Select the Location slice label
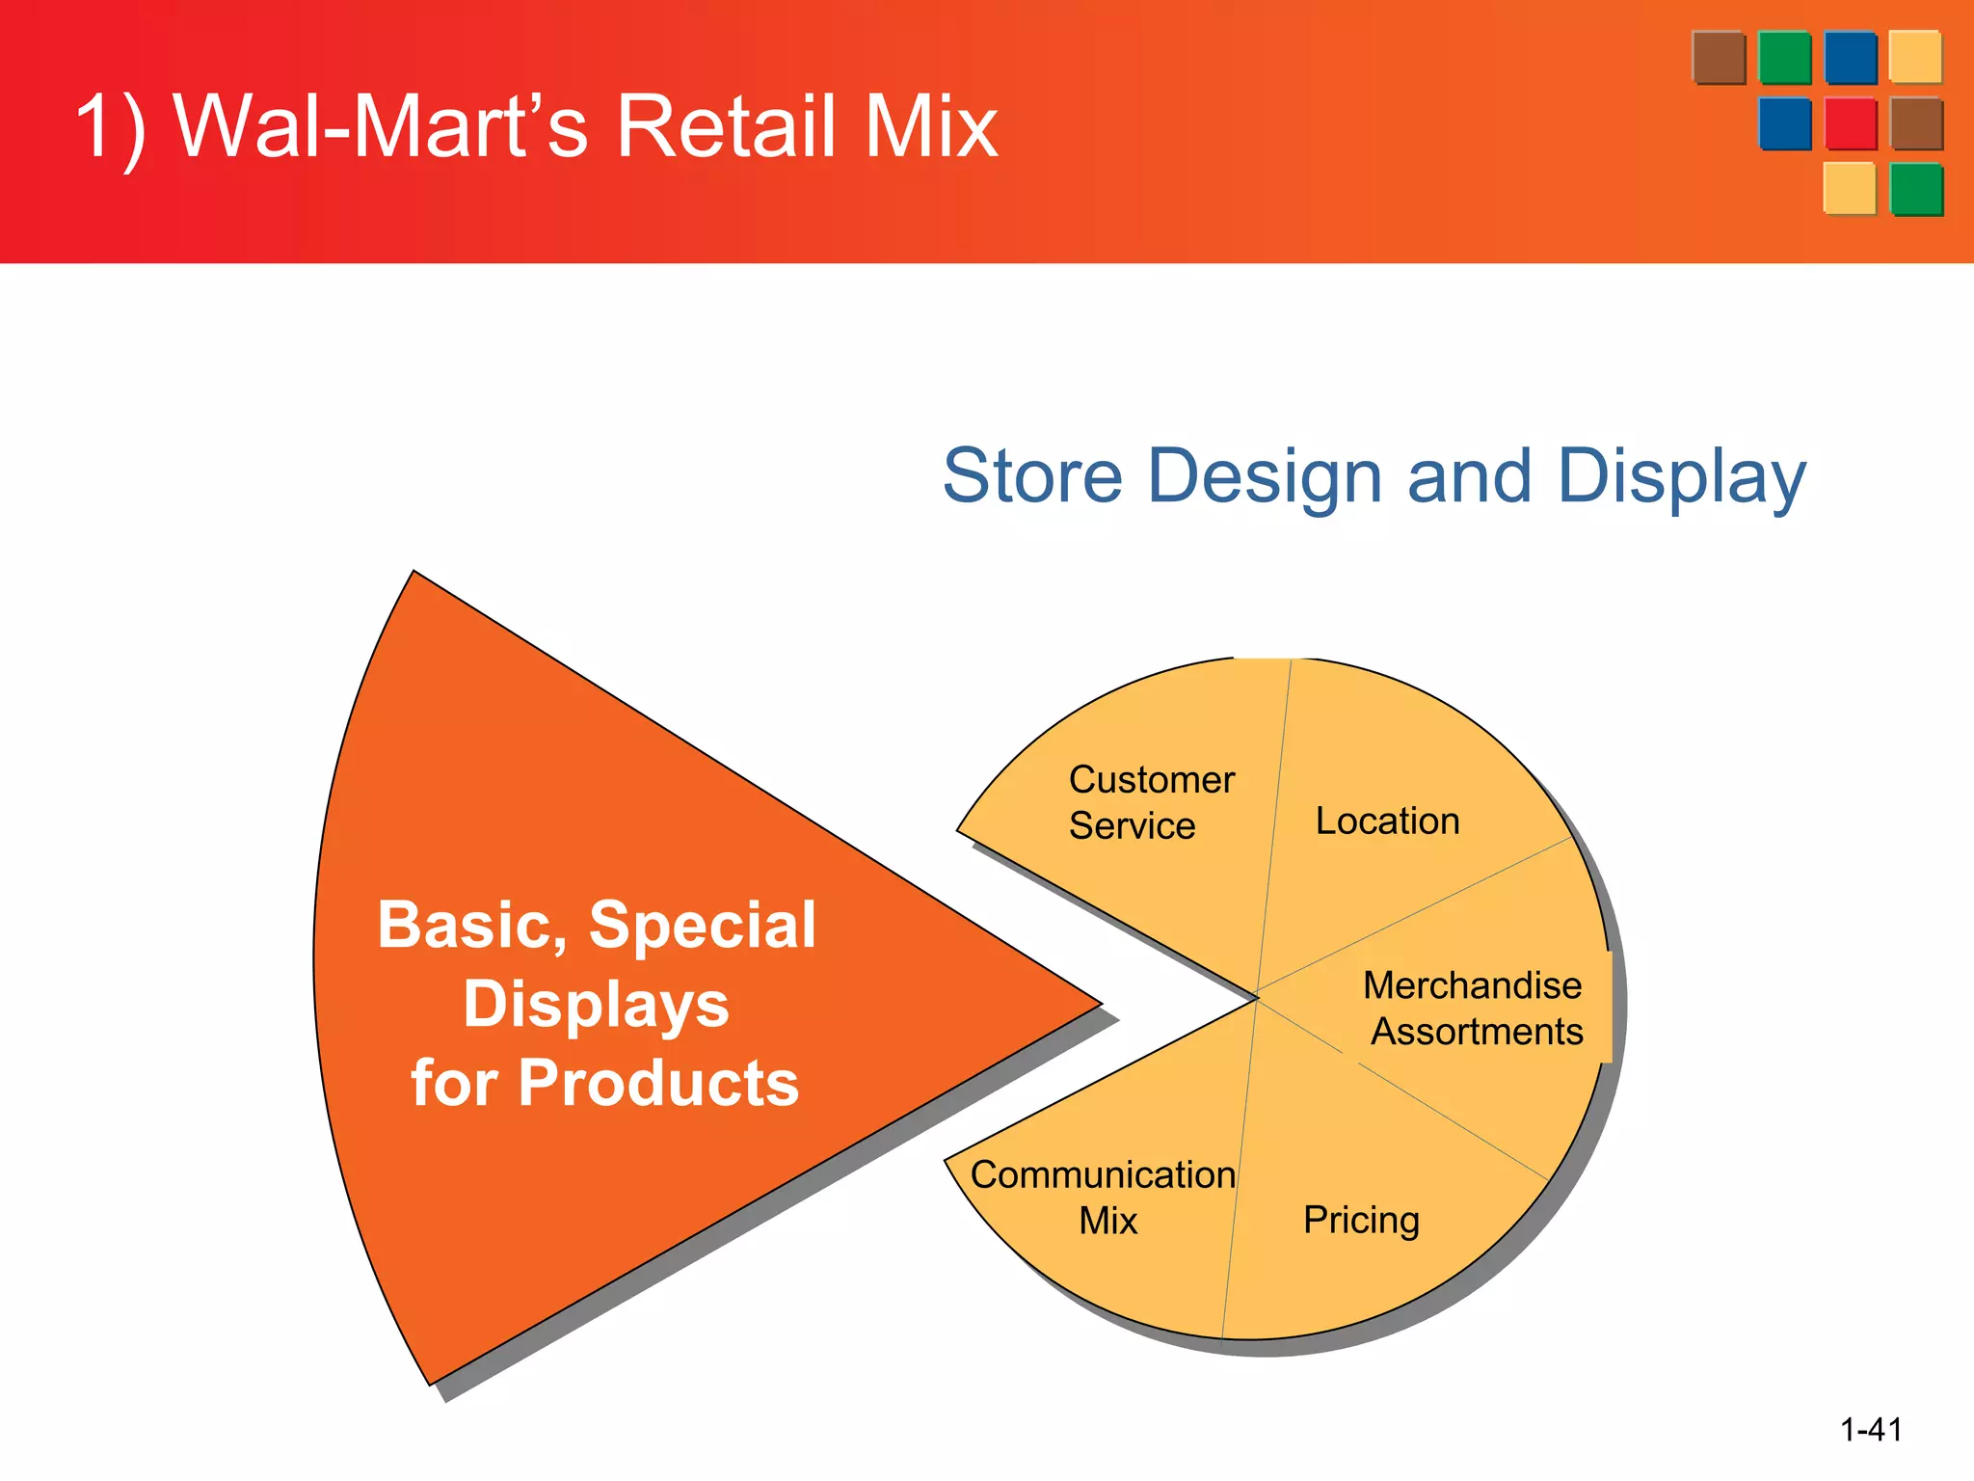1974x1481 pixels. click(x=1387, y=821)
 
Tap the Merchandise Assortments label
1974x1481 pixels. click(x=1474, y=1009)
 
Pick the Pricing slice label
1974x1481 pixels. click(x=1361, y=1221)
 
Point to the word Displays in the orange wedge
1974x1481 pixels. click(x=596, y=1005)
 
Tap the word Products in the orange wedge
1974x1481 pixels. click(x=658, y=1084)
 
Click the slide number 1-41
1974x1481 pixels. click(x=1871, y=1429)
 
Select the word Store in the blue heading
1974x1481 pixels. click(x=1032, y=476)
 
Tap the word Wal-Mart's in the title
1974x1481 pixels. click(x=380, y=126)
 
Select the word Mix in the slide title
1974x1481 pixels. click(x=930, y=126)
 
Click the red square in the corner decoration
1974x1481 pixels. click(x=1851, y=123)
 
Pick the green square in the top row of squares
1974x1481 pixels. click(x=1784, y=58)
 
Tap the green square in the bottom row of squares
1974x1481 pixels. click(x=1916, y=189)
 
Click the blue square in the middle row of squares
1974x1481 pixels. click(x=1784, y=123)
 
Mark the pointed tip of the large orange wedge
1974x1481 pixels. click(x=1100, y=1004)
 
